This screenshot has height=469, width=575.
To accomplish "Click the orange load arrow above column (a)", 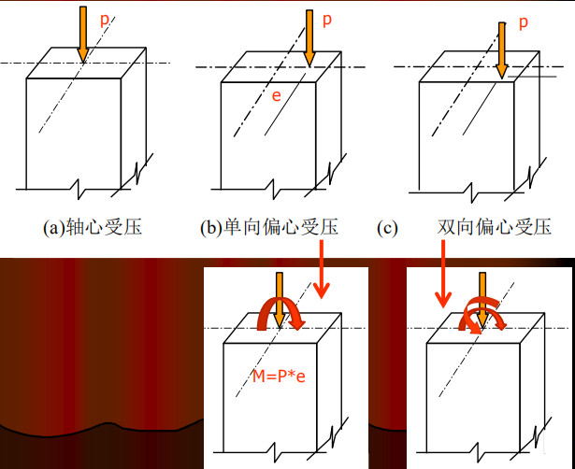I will (x=82, y=34).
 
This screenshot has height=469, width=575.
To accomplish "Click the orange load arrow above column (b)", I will (x=309, y=37).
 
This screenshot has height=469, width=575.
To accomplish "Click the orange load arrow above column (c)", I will (x=502, y=47).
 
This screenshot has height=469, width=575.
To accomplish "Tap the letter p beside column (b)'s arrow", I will (x=326, y=19).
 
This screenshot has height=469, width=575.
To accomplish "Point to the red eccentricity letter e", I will (x=276, y=95).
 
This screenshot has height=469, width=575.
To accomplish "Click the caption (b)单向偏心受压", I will (x=268, y=227).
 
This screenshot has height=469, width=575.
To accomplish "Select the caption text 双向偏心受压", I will (x=494, y=227).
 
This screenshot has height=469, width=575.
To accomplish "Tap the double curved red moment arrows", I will (x=482, y=318).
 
